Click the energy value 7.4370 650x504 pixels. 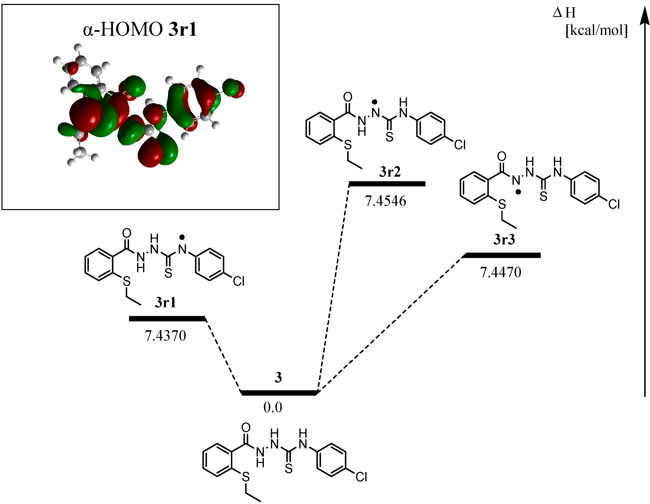tap(166, 336)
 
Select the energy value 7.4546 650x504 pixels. tap(386, 201)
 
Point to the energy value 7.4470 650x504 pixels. tap(501, 272)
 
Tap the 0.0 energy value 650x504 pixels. tap(273, 407)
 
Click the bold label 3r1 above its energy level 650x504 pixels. tap(166, 302)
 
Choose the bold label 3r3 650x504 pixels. tap(504, 239)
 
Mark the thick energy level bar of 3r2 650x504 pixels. tap(387, 184)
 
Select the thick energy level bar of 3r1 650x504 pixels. tap(167, 319)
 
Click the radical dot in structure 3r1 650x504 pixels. tap(182, 237)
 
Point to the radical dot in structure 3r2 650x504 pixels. tap(375, 102)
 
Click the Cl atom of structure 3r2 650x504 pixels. tap(460, 145)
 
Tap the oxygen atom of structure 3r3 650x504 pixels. tap(502, 156)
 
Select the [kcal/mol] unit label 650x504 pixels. tap(596, 30)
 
